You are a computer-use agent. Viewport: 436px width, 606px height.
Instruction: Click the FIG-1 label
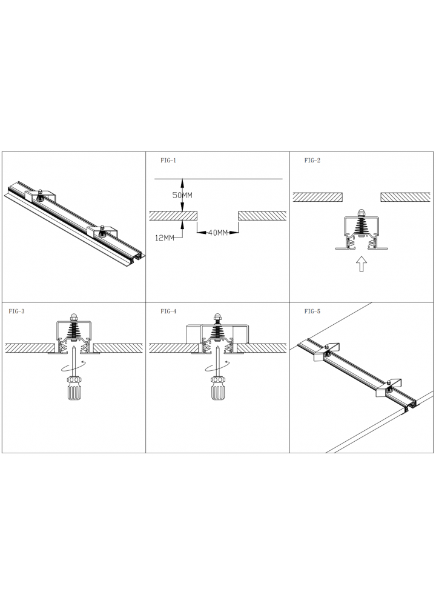point(168,161)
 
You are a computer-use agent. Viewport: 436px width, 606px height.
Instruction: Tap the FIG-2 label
point(312,161)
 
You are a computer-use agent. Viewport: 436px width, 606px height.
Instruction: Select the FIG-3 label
point(16,311)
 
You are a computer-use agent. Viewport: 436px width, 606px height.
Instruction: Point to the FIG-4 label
point(168,311)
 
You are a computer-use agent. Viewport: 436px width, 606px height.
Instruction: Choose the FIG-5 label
point(312,311)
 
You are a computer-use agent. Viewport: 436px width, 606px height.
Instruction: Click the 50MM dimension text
point(182,195)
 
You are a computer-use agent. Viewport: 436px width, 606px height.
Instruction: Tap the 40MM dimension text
point(218,233)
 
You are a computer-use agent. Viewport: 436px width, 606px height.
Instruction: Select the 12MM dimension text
point(165,238)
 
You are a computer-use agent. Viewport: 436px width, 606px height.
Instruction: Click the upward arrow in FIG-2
point(361,264)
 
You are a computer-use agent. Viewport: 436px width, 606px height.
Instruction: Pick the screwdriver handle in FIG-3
point(73,388)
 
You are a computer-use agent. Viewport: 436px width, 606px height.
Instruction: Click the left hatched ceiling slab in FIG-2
point(318,197)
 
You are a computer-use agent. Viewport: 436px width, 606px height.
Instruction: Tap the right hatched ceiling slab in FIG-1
point(262,216)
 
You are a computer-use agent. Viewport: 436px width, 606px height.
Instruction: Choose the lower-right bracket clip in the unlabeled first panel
point(102,231)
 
